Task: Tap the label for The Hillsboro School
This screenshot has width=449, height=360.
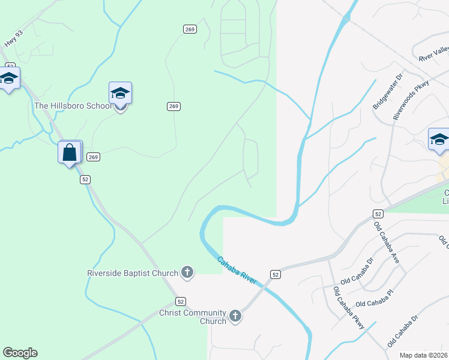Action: (73, 106)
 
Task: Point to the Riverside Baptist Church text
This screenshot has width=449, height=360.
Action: (132, 273)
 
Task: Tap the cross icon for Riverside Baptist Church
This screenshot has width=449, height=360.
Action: (187, 273)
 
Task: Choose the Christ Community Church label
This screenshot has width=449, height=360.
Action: (192, 317)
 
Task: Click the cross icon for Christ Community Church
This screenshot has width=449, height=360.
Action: (235, 316)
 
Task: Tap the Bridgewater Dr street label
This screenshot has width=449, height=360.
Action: (382, 96)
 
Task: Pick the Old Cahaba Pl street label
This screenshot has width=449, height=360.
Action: (374, 298)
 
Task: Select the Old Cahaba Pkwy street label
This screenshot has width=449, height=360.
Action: (349, 308)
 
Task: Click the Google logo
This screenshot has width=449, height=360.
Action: (20, 353)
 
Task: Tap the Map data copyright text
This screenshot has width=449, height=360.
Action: (424, 355)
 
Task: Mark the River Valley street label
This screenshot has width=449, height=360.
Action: (433, 53)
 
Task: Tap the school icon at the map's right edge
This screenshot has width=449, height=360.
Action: (439, 140)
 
